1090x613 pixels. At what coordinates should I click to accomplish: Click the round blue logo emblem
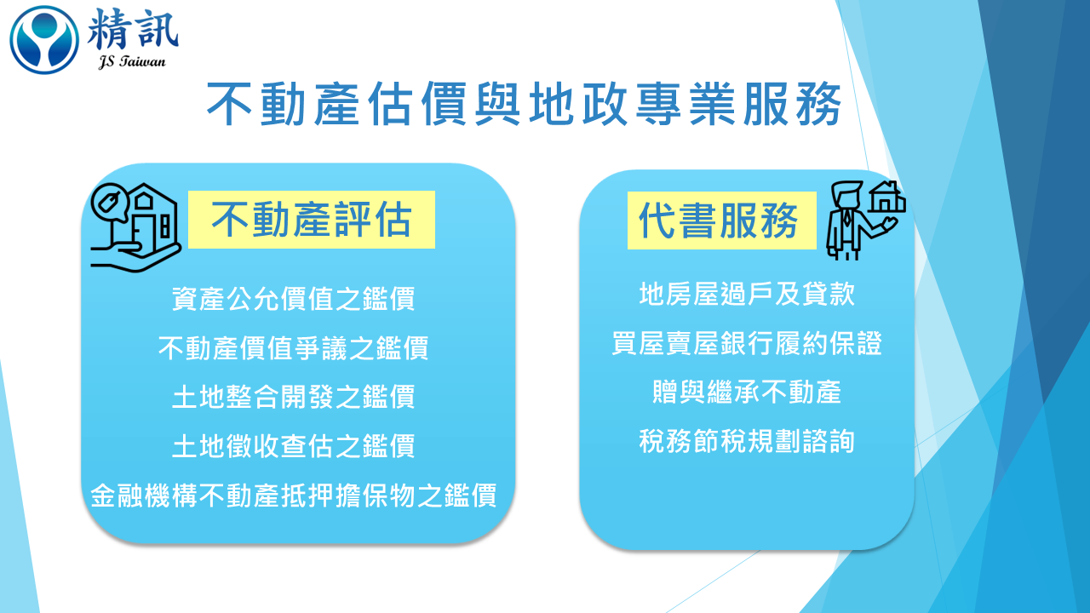tap(44, 39)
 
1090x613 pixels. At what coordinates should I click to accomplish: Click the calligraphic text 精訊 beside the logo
tap(133, 30)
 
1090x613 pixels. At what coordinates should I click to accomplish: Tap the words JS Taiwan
tap(132, 62)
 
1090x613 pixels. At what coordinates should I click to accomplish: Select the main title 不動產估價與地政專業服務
tap(524, 104)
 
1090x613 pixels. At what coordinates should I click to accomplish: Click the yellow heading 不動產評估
tap(312, 220)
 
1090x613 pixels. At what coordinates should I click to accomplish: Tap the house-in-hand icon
tap(135, 226)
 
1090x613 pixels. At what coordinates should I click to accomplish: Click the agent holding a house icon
tap(866, 221)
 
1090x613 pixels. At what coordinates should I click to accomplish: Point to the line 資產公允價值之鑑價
tap(294, 298)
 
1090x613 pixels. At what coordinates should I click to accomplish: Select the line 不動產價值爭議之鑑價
tap(294, 347)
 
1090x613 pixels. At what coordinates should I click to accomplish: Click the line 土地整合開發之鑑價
tap(294, 397)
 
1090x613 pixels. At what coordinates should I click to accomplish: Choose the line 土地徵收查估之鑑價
tap(294, 445)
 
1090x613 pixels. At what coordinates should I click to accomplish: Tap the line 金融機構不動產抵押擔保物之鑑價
tap(294, 496)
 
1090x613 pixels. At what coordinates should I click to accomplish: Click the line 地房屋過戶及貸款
tap(747, 294)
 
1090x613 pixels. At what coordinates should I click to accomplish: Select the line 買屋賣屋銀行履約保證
tap(747, 343)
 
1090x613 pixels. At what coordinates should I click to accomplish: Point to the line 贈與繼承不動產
tap(747, 392)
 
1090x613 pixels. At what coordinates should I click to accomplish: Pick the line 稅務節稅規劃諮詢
tap(747, 441)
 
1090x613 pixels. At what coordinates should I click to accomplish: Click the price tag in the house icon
tap(108, 202)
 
